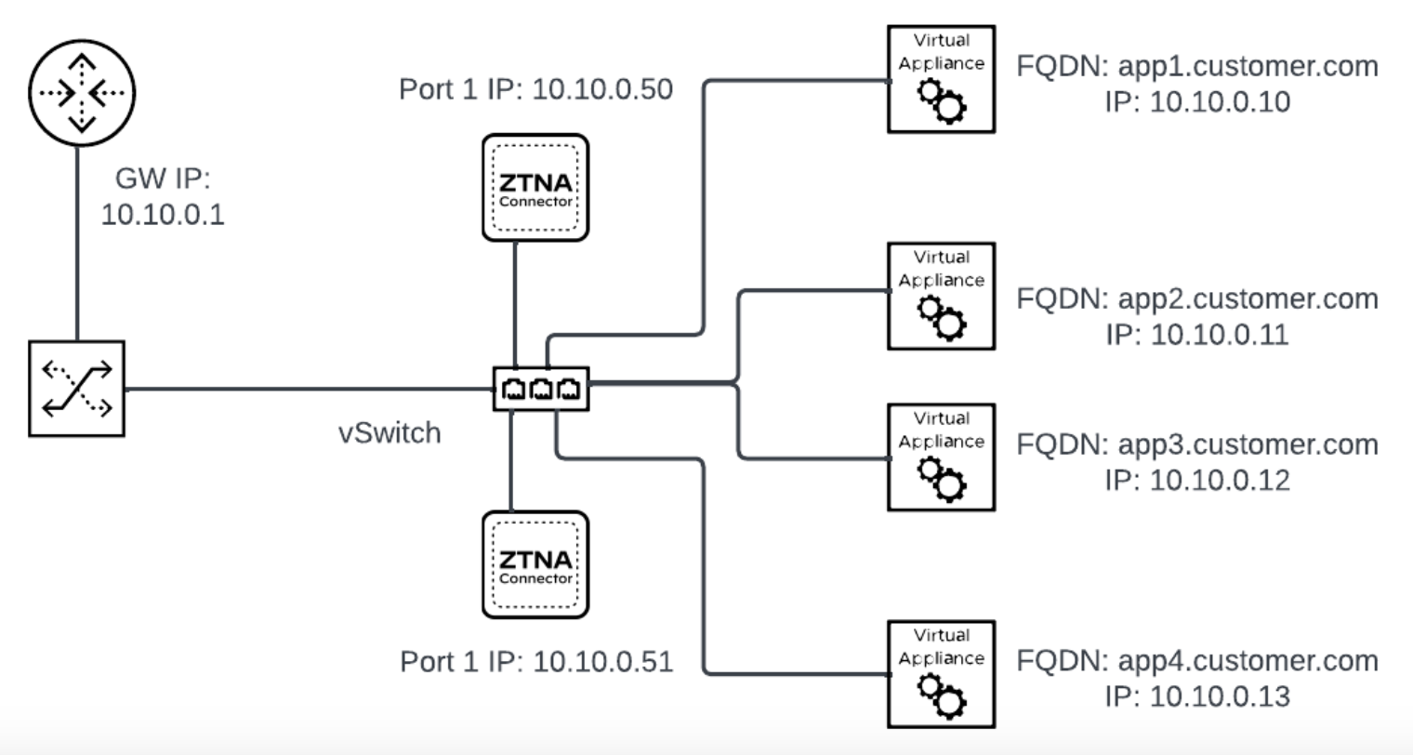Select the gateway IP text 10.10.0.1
(x=163, y=214)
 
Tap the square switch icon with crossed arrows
(x=77, y=389)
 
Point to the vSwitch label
(x=390, y=432)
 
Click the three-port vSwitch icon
(x=541, y=388)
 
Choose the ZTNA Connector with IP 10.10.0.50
(x=535, y=188)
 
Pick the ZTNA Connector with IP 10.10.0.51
(x=535, y=564)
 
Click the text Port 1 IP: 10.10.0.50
(x=535, y=89)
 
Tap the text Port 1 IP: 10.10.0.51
(x=536, y=661)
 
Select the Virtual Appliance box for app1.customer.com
(x=941, y=79)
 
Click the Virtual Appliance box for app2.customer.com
(x=941, y=296)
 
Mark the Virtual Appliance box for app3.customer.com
(x=941, y=457)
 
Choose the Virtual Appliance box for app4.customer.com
(x=941, y=674)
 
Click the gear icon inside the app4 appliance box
(x=942, y=695)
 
